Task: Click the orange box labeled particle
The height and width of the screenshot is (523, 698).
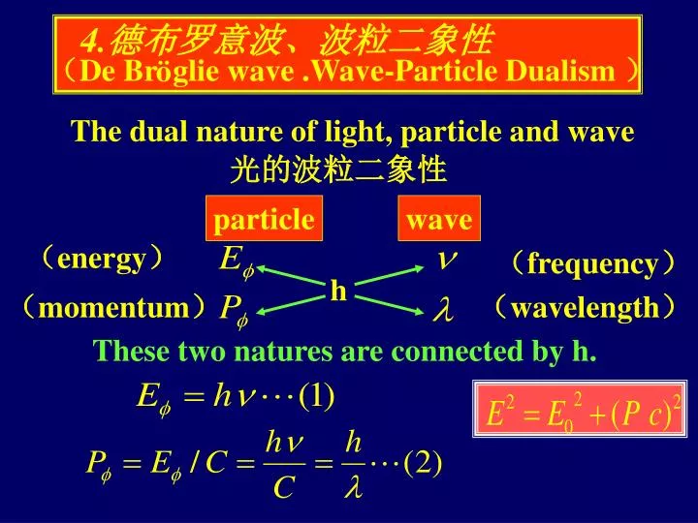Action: (264, 221)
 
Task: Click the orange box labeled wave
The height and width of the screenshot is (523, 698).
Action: (439, 221)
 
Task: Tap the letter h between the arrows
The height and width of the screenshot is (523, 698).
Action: (338, 291)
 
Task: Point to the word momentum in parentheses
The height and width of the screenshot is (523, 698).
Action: (114, 309)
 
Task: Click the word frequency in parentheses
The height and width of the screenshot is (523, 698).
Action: (592, 264)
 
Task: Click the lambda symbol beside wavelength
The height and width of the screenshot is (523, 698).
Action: (441, 311)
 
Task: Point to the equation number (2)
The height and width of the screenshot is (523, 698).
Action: (424, 464)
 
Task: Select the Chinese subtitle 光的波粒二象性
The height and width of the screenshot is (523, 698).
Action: (337, 171)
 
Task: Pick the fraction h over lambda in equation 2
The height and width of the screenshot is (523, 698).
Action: (354, 465)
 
